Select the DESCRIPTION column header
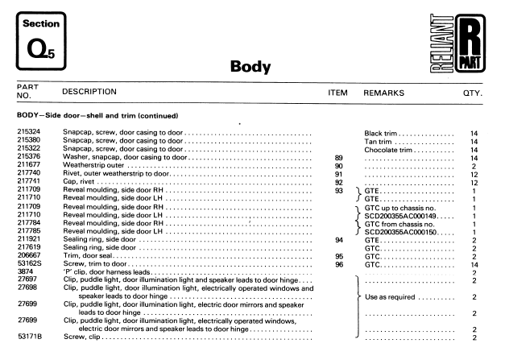click(89, 93)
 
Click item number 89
click(338, 157)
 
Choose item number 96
click(338, 264)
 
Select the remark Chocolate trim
click(390, 149)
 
